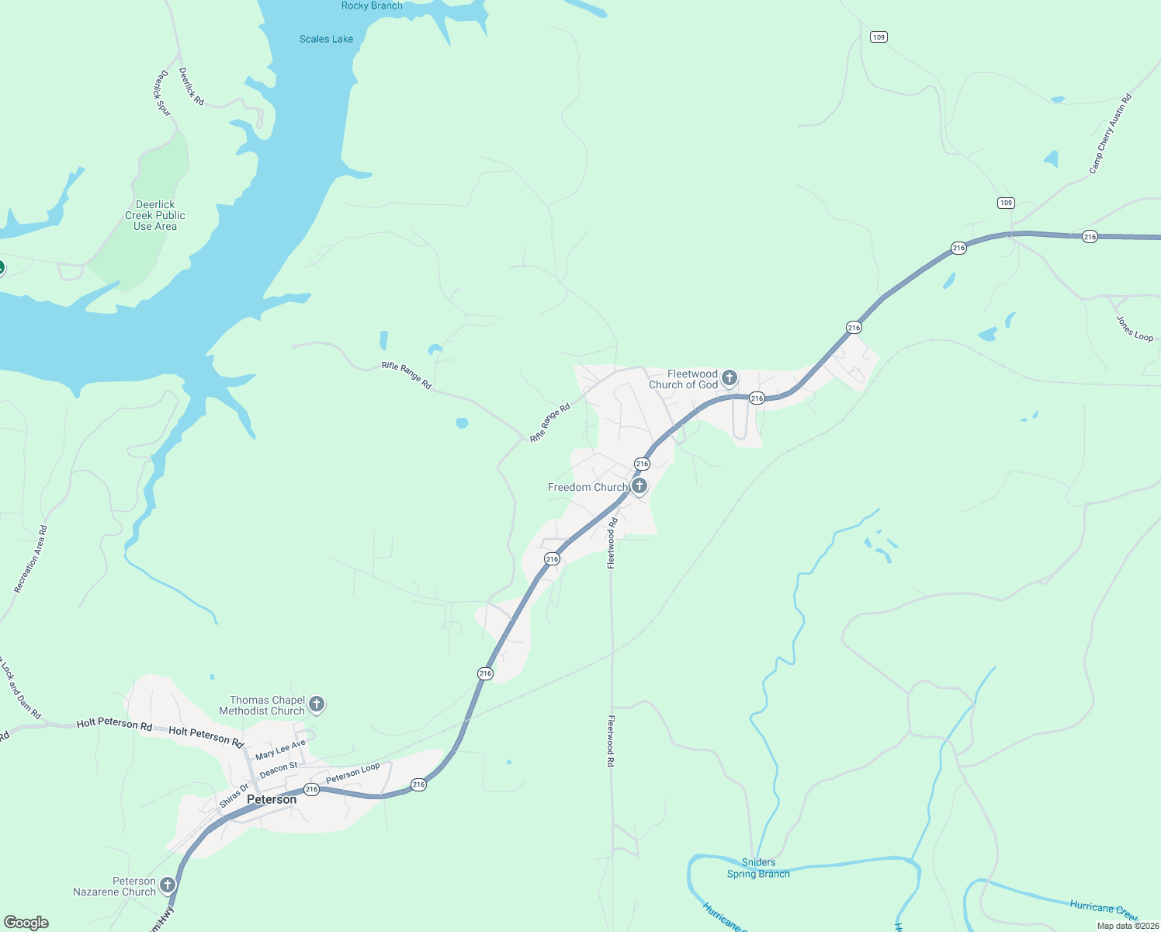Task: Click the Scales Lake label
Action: [326, 39]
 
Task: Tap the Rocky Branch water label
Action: [372, 6]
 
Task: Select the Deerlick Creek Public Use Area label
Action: [155, 216]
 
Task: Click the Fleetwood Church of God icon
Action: [729, 378]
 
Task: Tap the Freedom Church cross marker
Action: [639, 486]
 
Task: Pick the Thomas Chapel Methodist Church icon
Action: [316, 704]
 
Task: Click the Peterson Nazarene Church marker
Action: [167, 885]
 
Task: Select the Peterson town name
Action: [272, 799]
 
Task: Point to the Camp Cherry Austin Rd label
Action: [1110, 134]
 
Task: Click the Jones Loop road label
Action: [1135, 328]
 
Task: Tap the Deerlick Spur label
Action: [162, 93]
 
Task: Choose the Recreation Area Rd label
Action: [31, 559]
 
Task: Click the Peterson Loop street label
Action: [353, 774]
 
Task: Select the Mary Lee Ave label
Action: [280, 750]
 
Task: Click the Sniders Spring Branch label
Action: [758, 868]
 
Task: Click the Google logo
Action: [26, 923]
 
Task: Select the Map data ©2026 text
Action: [1127, 926]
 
